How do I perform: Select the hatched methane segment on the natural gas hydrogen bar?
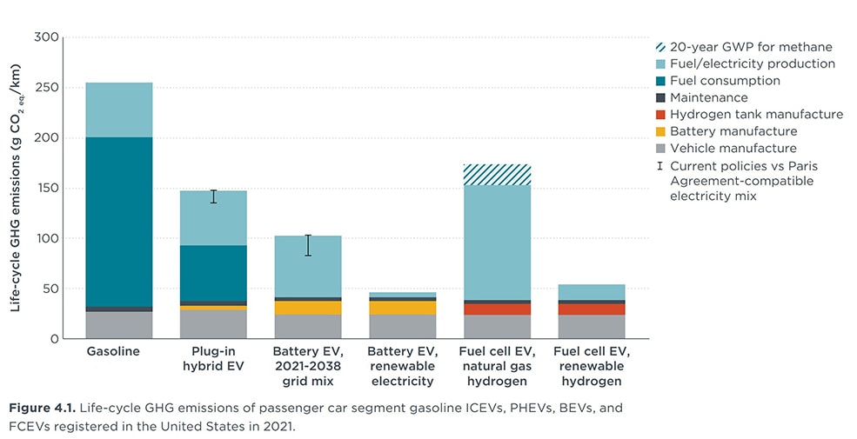point(498,175)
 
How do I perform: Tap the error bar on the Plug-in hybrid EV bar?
point(214,196)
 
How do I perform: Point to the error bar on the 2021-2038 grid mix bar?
point(308,245)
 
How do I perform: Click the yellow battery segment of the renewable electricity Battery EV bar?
point(403,308)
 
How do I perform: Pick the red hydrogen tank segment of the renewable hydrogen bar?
point(592,309)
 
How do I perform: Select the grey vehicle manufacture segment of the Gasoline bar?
point(119,324)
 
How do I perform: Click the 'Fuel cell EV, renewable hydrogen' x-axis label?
point(592,366)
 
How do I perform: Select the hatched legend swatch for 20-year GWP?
point(661,48)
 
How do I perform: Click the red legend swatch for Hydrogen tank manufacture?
point(661,115)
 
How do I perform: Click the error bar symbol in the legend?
point(661,165)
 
